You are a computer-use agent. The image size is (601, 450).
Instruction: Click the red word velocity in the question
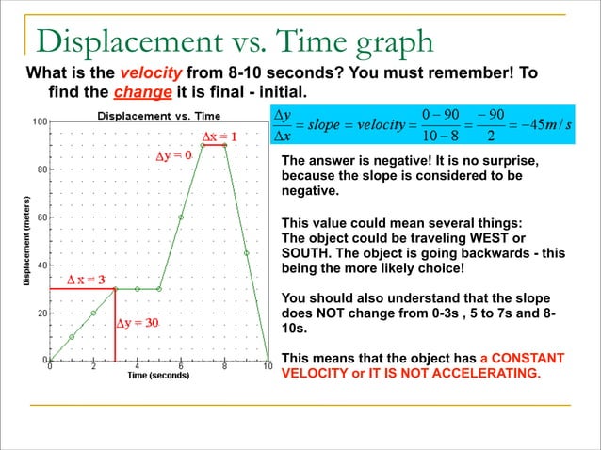pos(152,73)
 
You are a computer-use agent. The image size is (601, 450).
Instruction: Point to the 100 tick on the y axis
pos(40,121)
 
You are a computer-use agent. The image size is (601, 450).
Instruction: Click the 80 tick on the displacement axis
pos(42,169)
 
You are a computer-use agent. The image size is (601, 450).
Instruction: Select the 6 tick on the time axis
pos(180,367)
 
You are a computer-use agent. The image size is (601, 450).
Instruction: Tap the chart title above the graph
pos(157,115)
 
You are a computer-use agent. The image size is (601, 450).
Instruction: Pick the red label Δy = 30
pos(138,323)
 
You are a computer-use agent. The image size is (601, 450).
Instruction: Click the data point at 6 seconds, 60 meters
pos(181,217)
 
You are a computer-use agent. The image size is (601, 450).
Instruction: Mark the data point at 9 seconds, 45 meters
pos(246,252)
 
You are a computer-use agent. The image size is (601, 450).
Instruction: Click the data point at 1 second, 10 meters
pos(72,336)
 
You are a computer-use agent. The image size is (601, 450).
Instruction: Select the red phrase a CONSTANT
pos(522,359)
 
